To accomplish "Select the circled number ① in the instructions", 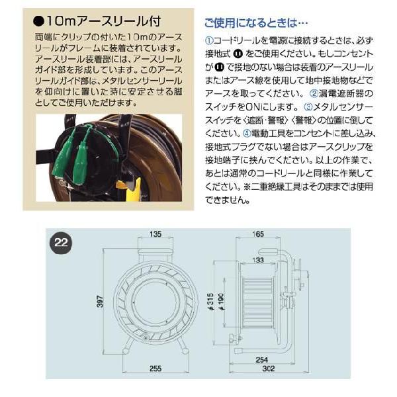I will pos(206,40).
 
